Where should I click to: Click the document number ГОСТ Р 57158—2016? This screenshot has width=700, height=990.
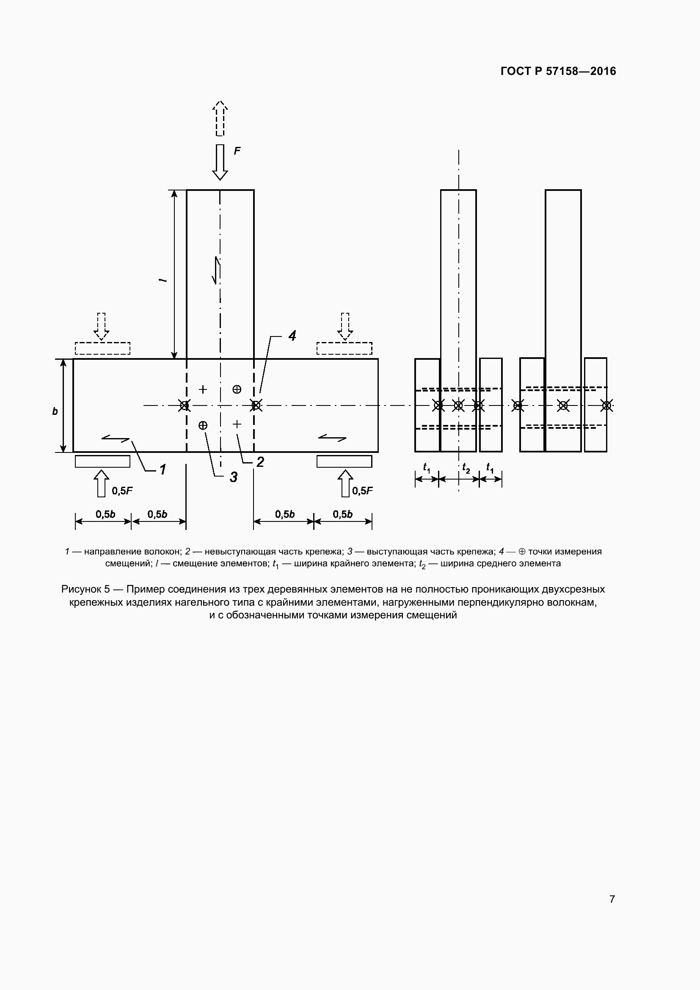point(558,71)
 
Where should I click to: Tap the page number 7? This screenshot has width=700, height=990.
point(612,899)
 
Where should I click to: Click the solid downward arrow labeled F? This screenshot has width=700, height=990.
point(220,162)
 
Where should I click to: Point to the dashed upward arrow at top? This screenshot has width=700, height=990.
point(220,118)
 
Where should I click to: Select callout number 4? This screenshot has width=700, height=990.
point(292,336)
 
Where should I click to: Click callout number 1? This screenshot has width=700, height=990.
point(163,469)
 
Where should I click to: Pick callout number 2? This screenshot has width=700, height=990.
point(260,462)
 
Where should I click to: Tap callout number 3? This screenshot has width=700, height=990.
point(234,477)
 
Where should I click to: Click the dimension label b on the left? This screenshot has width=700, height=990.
point(55,411)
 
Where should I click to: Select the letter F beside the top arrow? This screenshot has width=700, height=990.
point(237,151)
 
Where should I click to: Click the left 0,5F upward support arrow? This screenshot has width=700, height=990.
point(102,483)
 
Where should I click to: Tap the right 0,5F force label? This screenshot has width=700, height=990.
point(363,491)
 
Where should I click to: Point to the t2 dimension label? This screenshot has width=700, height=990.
point(466,467)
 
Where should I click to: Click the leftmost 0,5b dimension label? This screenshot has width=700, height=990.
point(106,514)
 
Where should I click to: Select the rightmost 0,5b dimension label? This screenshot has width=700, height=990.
point(343,514)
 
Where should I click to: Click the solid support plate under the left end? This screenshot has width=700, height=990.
point(102,461)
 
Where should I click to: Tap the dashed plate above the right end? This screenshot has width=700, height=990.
point(344,348)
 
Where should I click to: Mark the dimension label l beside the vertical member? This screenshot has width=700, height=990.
point(163,280)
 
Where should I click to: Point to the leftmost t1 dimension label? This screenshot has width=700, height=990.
point(427,467)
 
